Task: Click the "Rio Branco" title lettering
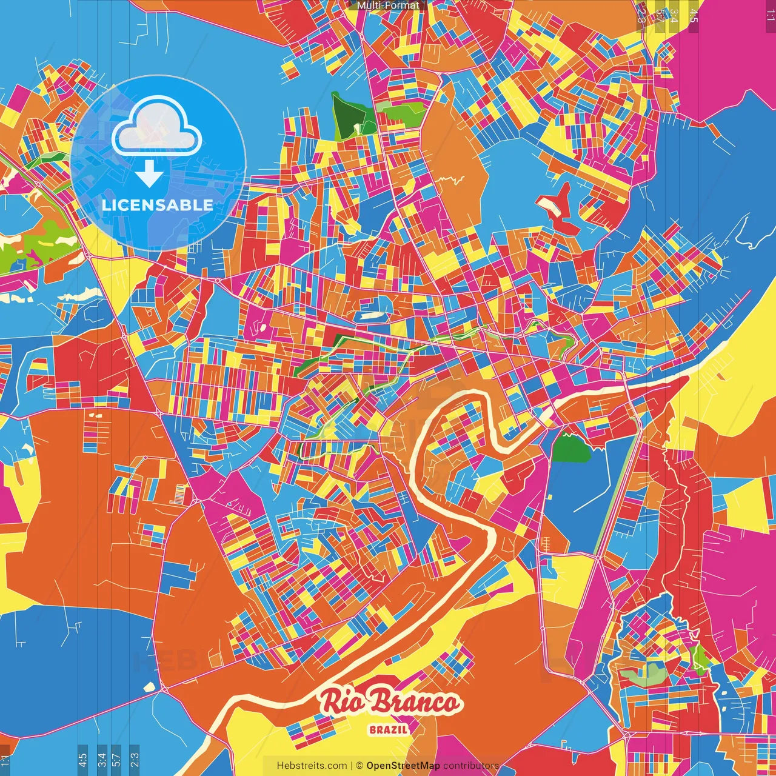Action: [x=390, y=702]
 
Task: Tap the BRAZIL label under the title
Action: [x=388, y=729]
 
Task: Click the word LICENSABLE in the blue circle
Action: [x=158, y=205]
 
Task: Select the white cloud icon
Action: [x=157, y=127]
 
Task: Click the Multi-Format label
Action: [x=388, y=5]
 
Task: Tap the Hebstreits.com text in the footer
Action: [x=312, y=766]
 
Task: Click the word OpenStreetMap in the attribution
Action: [x=403, y=766]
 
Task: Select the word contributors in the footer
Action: [x=470, y=766]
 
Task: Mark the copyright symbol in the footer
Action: [x=359, y=766]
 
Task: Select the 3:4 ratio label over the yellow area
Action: [x=674, y=16]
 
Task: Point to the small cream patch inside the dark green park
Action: [x=358, y=128]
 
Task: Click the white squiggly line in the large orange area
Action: [x=452, y=179]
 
